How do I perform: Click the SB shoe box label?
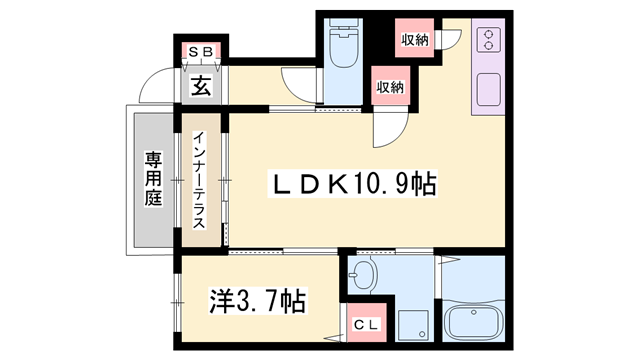[197, 51]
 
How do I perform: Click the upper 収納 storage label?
[415, 39]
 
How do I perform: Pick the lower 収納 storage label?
[390, 87]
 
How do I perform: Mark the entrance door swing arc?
[155, 84]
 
